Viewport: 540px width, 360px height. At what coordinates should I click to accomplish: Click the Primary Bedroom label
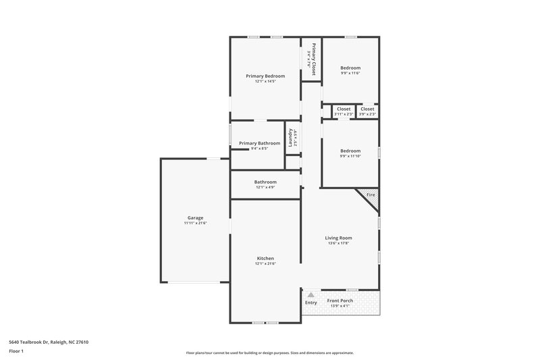265,76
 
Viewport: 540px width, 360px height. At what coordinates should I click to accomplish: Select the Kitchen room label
265,258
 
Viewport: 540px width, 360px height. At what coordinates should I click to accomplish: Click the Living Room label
338,238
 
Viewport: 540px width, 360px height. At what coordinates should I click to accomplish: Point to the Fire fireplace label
371,195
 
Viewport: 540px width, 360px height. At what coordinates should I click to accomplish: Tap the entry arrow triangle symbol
310,295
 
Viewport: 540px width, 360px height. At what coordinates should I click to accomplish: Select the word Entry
310,303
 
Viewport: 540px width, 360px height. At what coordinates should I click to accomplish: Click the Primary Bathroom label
259,143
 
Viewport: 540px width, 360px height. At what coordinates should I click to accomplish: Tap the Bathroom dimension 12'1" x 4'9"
265,187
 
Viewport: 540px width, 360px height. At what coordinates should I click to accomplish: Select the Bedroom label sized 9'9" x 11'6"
350,68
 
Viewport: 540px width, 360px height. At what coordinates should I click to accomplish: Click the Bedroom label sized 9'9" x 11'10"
350,151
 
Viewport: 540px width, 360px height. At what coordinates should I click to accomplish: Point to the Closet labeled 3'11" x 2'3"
344,109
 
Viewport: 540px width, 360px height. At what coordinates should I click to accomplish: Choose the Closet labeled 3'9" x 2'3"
367,109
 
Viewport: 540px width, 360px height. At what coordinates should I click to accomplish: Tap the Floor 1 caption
16,352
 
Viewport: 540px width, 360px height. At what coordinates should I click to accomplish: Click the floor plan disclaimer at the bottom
269,353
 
